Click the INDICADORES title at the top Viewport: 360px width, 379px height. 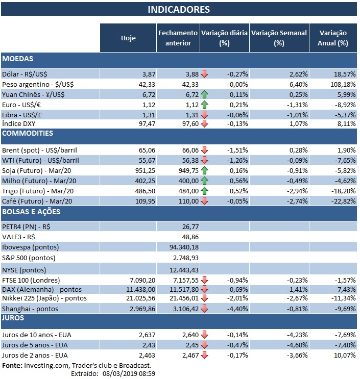coord(179,9)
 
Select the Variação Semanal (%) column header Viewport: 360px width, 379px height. coord(279,38)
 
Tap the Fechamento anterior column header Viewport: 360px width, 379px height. coord(178,38)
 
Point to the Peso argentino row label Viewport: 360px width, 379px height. coord(34,84)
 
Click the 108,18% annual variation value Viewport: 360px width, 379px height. coord(342,84)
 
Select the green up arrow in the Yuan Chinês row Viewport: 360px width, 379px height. coord(204,94)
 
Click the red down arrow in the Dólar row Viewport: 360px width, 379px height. coord(204,74)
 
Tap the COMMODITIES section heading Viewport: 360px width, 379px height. coord(28,134)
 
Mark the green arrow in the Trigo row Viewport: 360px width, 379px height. coord(204,190)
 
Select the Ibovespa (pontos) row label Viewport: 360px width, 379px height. coord(30,247)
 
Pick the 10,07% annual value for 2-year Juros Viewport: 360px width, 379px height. coord(343,355)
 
